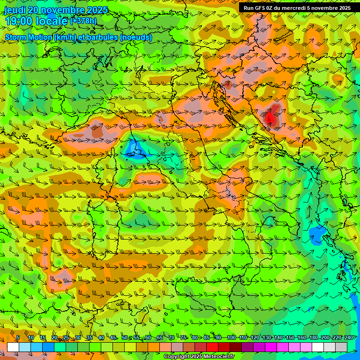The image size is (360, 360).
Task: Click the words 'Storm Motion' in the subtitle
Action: (x=29, y=37)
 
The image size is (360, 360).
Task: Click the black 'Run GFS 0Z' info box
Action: (x=297, y=7)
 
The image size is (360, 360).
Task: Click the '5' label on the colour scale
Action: (x=18, y=338)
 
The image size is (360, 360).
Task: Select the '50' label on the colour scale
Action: (x=124, y=338)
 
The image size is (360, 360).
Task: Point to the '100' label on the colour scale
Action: (x=231, y=338)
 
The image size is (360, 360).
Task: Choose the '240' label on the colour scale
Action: (x=348, y=338)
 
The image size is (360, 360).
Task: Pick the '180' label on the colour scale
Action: (x=313, y=338)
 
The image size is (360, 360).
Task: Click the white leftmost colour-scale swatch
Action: (x=13, y=347)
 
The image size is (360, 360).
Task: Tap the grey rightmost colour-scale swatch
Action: (x=341, y=347)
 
